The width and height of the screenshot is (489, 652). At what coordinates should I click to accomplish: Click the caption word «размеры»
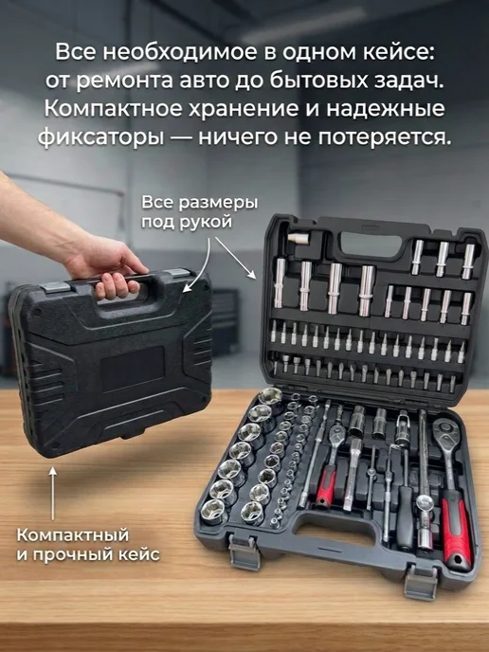218,204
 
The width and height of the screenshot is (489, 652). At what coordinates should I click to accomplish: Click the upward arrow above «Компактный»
52,493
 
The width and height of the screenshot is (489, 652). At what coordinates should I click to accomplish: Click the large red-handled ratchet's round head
446,431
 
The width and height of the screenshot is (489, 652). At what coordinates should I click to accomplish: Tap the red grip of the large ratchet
456,526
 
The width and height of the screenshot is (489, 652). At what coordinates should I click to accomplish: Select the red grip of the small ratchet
326,485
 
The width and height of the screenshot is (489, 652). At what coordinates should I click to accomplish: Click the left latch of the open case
244,551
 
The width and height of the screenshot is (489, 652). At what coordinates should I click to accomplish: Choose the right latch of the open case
421,581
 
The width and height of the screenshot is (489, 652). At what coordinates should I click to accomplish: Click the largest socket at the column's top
269,396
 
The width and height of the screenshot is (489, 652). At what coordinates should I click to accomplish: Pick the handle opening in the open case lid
371,244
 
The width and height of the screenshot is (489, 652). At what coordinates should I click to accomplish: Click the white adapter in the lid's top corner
299,239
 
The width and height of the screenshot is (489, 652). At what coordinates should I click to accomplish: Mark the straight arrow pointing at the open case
235,258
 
